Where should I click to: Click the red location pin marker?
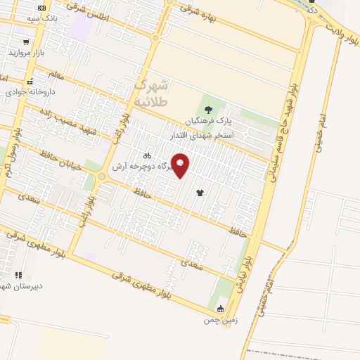(180, 165)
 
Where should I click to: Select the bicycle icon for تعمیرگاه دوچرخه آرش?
(147, 155)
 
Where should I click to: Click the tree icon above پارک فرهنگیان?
(208, 108)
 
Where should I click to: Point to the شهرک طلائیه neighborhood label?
(151, 92)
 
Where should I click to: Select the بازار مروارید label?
(27, 53)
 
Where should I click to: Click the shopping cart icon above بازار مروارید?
(27, 41)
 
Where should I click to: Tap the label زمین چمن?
(217, 320)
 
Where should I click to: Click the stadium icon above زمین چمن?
(221, 309)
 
